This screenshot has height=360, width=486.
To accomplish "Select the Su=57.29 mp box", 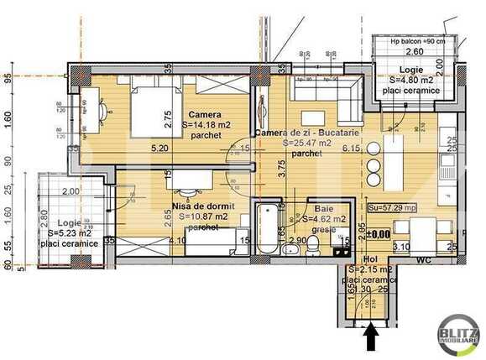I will pyautogui.click(x=392, y=207).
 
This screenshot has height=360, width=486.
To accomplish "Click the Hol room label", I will pyautogui.click(x=371, y=259).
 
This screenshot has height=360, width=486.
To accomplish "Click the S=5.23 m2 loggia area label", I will pyautogui.click(x=71, y=233).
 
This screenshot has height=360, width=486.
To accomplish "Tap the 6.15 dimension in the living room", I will pyautogui.click(x=350, y=149).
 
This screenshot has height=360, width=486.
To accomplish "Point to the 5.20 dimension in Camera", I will pyautogui.click(x=159, y=149).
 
